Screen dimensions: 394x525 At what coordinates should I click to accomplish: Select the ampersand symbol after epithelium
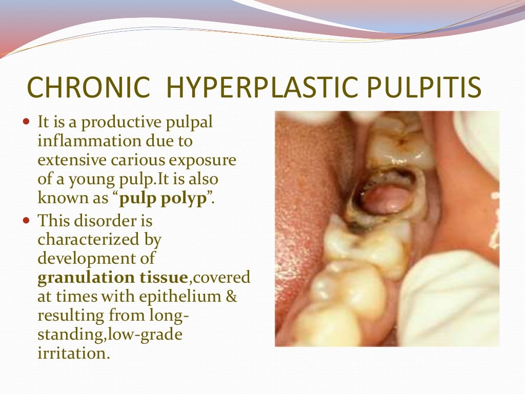click(231, 297)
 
